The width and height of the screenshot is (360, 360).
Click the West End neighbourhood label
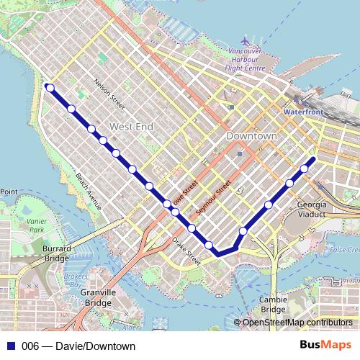pyautogui.click(x=131, y=127)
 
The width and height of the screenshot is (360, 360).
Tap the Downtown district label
pyautogui.click(x=251, y=136)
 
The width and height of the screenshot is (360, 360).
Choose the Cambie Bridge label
pyautogui.click(x=273, y=304)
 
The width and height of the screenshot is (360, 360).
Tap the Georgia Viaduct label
pyautogui.click(x=312, y=209)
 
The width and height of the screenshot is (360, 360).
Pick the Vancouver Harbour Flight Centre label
pyautogui.click(x=244, y=60)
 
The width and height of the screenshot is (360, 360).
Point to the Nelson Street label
pyautogui.click(x=109, y=94)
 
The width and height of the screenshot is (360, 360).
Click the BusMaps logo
pyautogui.click(x=325, y=346)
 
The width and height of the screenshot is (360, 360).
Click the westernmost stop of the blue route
pyautogui.click(x=50, y=88)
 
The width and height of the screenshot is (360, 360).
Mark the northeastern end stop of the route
pyautogui.click(x=312, y=158)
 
